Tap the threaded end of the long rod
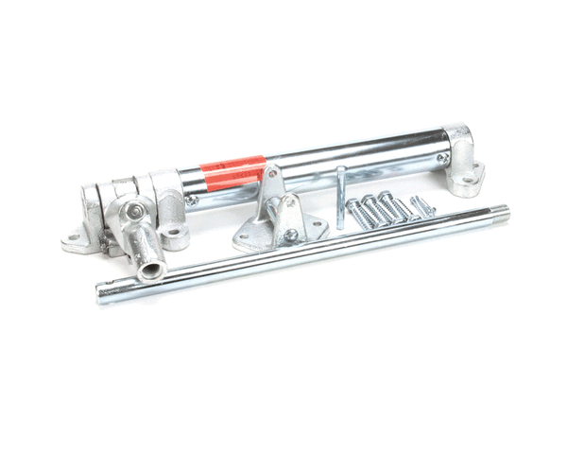pyautogui.click(x=498, y=215)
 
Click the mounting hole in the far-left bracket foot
pyautogui.click(x=74, y=237)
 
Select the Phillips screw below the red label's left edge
pyautogui.click(x=193, y=200)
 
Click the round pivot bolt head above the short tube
pyautogui.click(x=136, y=211)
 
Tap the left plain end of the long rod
pyautogui.click(x=102, y=295)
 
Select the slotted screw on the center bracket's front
pyautogui.click(x=290, y=235)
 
